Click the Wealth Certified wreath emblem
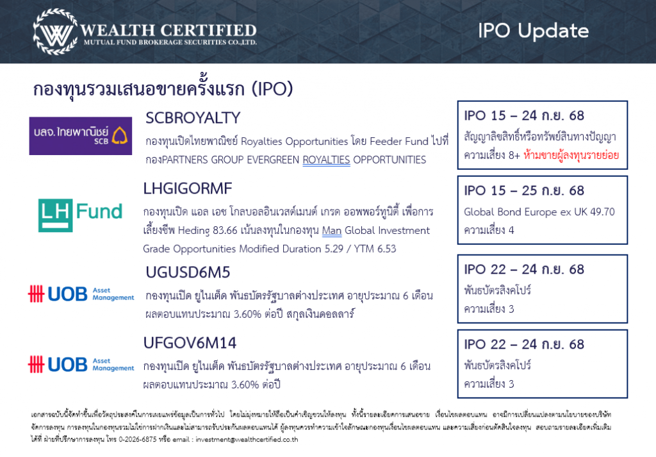tap(55, 32)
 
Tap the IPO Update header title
tap(534, 31)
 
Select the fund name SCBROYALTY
tap(193, 117)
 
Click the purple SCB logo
tap(80, 136)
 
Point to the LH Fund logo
tap(80, 215)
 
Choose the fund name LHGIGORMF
tap(188, 188)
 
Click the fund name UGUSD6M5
tap(188, 272)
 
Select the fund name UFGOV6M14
tap(190, 343)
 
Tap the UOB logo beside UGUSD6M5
tap(81, 294)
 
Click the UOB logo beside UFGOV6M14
tap(81, 364)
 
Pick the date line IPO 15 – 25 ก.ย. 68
tap(524, 191)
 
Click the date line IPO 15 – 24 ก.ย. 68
tap(524, 115)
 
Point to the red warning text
tap(571, 155)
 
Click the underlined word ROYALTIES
tap(326, 160)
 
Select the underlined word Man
tap(332, 231)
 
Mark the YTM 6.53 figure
tap(375, 249)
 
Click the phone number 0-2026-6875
tap(138, 440)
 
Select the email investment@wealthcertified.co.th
tap(247, 440)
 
